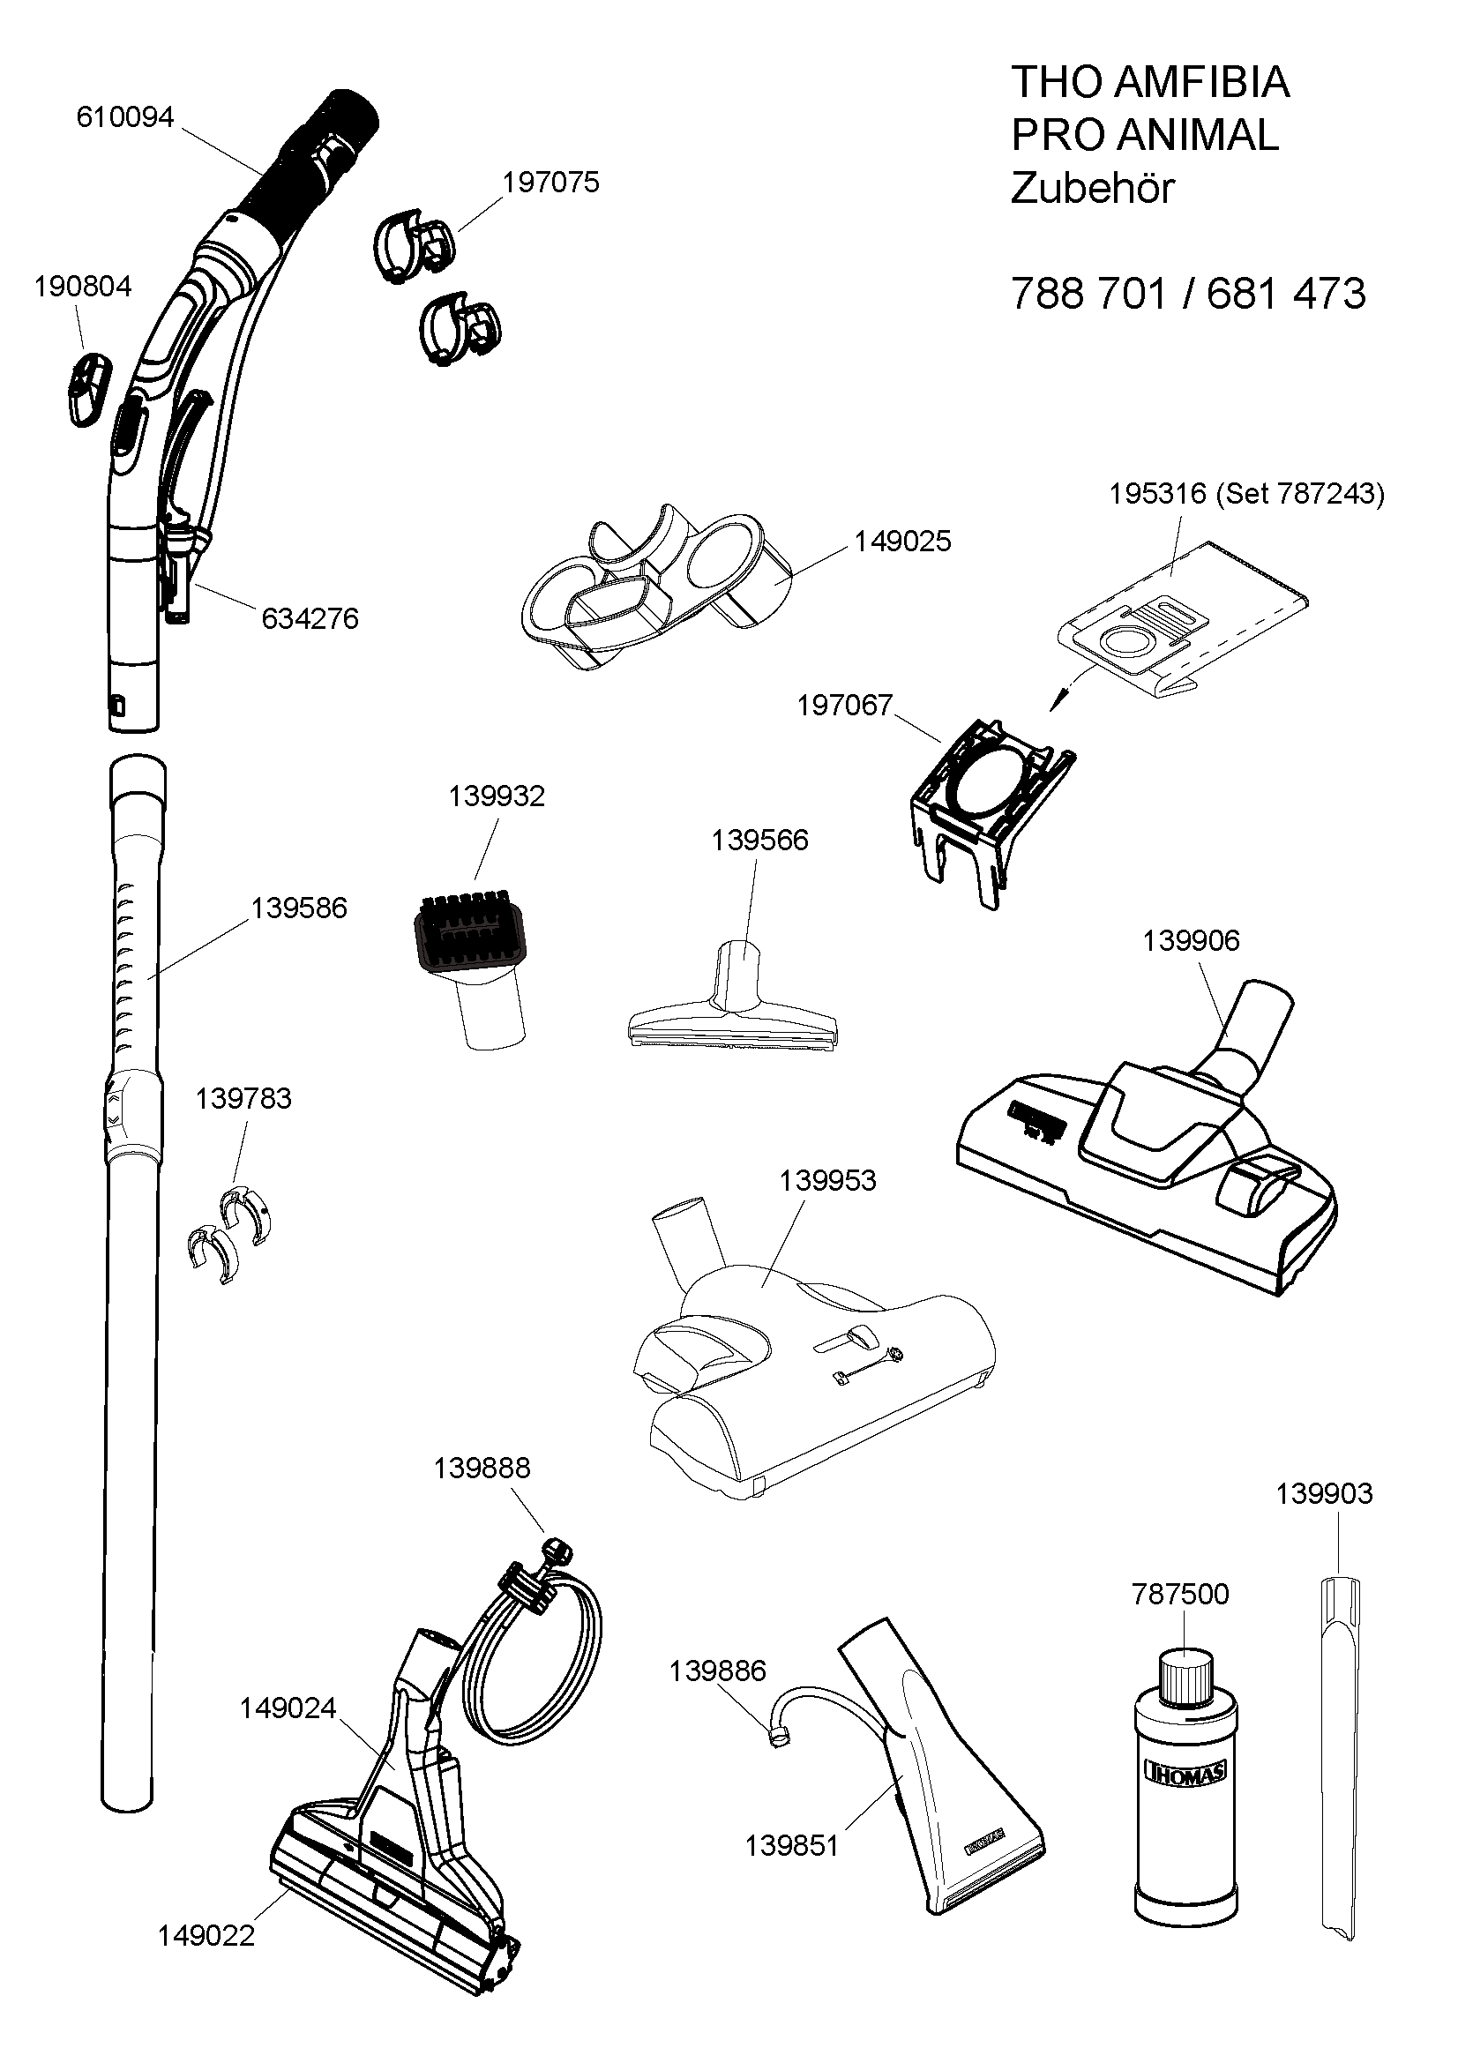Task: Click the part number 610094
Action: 125,117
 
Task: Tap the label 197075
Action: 550,183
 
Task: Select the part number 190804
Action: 83,287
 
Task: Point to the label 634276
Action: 310,619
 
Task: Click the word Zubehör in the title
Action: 1092,189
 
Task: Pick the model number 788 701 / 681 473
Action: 1187,294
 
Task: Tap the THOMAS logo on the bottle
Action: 1185,1772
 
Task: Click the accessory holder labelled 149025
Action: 655,584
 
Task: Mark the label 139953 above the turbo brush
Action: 827,1181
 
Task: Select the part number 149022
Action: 206,1936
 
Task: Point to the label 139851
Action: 791,1846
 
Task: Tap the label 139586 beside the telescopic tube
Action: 298,908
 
